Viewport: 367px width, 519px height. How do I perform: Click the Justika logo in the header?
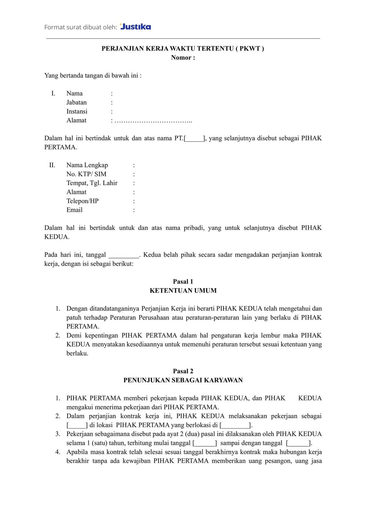coord(135,26)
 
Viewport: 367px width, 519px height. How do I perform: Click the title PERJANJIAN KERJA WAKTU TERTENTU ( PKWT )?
coord(183,48)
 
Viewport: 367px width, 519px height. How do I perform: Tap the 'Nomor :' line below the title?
coord(183,58)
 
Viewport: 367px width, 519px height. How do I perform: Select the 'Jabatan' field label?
coord(76,102)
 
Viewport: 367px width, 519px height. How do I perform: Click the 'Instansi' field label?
coord(77,111)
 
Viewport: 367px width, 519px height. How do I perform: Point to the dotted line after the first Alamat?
coord(153,121)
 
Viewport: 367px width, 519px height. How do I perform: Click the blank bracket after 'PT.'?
coord(195,138)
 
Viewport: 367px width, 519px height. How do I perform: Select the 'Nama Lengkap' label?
coord(87,165)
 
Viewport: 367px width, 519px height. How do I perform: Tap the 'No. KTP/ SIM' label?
coord(86,174)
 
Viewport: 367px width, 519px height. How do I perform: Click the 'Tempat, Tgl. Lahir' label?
coord(92,183)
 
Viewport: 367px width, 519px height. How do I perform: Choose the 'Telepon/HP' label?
coord(82,201)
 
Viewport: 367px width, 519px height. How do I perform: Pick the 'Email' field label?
coord(74,210)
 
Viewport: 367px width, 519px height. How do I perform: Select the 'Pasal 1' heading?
coord(183,282)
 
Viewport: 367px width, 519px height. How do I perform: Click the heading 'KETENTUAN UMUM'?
coord(183,291)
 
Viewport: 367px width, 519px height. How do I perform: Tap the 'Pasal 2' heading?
coord(183,371)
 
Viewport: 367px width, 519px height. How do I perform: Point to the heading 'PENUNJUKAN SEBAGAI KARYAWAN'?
coord(183,380)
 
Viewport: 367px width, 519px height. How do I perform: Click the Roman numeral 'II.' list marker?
coord(52,165)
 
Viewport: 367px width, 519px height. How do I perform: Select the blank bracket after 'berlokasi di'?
coord(236,425)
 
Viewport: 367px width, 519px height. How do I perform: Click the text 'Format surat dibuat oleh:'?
coord(81,27)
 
